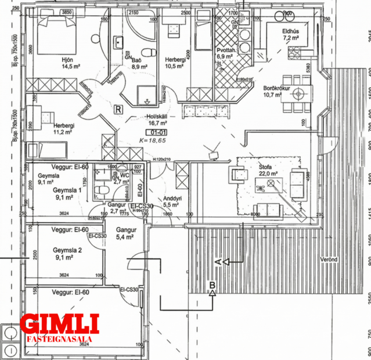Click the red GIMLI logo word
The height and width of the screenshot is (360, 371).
(x=59, y=324)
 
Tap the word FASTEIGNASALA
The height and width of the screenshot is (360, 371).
(x=59, y=337)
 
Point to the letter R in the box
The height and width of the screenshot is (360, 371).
(x=118, y=109)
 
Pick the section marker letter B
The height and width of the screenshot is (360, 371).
(x=212, y=285)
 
